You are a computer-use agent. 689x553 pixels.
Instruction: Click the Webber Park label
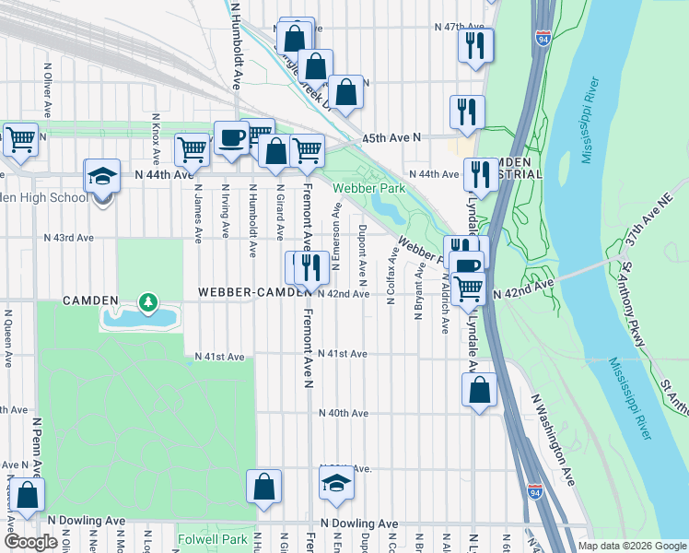362,188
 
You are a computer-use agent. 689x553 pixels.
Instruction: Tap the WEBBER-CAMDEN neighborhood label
251,292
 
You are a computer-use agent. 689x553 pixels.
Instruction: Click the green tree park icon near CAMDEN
146,301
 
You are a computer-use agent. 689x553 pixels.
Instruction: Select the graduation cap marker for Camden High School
102,177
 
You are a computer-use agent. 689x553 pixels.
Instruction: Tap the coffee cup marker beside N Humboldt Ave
231,139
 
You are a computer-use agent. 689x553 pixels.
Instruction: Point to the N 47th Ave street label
460,28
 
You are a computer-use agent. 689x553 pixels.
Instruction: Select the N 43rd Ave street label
69,238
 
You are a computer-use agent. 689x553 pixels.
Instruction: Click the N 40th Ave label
343,413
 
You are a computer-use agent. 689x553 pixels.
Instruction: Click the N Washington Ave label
553,441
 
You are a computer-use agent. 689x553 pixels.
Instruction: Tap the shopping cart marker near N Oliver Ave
19,141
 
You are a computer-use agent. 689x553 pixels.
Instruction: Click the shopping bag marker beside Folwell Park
263,488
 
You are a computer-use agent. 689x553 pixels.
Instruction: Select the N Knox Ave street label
157,138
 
